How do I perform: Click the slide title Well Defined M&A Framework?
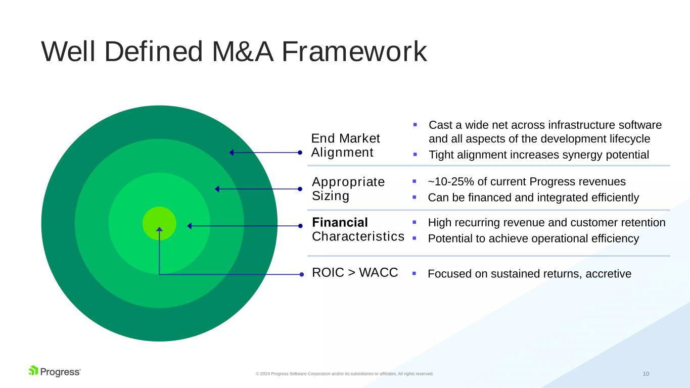234,52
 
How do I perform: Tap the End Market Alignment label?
345,145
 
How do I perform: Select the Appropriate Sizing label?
348,188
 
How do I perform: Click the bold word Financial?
340,222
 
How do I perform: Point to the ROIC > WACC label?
355,273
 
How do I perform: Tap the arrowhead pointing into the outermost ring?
232,153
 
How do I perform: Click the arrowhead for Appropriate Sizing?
217,189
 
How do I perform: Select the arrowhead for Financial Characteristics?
190,226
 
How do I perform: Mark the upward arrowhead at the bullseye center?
159,230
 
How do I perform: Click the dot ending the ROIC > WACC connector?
301,274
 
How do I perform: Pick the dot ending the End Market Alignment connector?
300,153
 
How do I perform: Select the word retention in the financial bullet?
643,223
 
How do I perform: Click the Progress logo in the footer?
54,371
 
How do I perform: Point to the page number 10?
646,374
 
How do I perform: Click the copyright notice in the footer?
344,374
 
